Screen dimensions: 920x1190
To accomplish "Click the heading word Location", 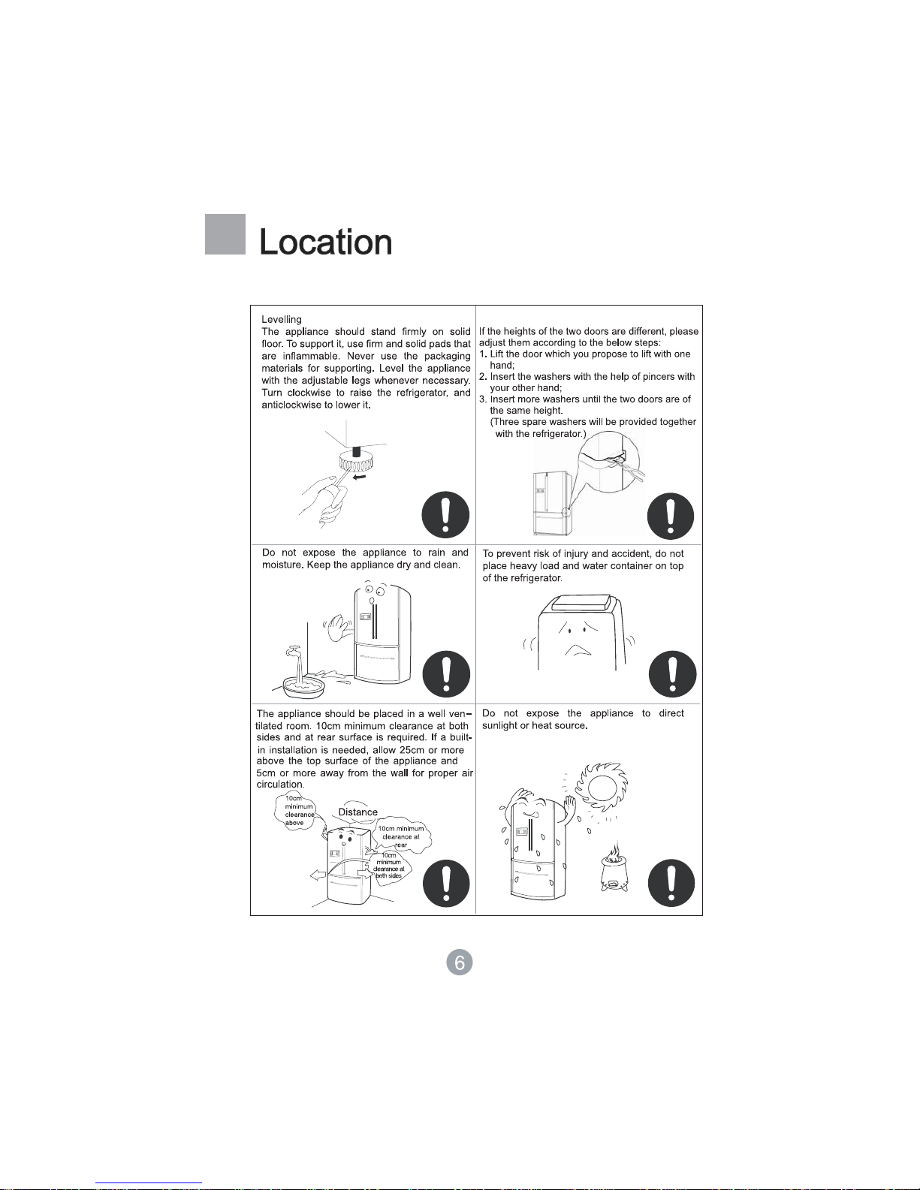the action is click(326, 242).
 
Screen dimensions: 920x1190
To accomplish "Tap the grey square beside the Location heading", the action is click(225, 233).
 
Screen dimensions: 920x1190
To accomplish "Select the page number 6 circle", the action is click(460, 963).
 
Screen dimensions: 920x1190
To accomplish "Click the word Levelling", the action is click(282, 319).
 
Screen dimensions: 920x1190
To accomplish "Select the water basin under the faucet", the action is click(304, 687).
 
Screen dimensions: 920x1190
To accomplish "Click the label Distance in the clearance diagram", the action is click(358, 812).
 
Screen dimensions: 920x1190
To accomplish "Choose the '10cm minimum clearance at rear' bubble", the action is click(401, 836).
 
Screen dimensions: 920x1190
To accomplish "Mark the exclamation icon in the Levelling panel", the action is click(446, 515).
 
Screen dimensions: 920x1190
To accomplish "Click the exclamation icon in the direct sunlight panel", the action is click(671, 884).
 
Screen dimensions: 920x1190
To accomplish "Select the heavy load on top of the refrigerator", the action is click(581, 603).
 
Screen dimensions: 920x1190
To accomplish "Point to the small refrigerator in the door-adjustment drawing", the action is click(553, 503).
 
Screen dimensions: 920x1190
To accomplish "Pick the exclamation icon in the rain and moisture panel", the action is click(446, 674).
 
